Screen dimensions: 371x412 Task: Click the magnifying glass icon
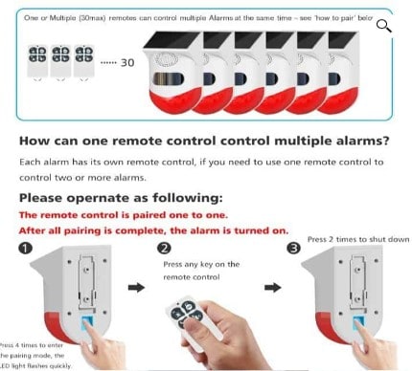(x=385, y=26)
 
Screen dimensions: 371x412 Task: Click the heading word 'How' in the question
(x=37, y=140)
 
